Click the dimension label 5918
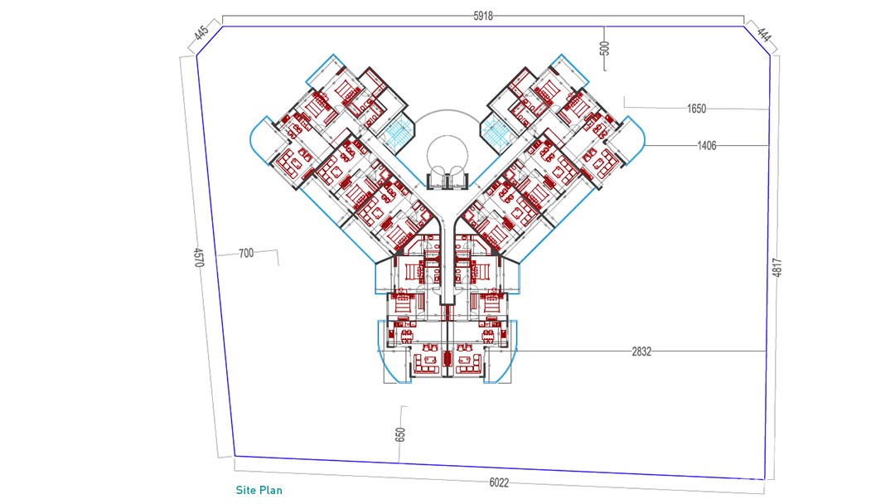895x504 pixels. click(483, 16)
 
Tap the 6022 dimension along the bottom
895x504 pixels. click(499, 483)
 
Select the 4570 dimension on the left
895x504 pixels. click(199, 257)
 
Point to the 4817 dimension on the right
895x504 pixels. click(776, 267)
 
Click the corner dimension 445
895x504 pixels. click(201, 33)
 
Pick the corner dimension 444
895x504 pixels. click(764, 34)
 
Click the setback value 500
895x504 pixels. click(605, 48)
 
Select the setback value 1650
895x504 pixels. click(696, 109)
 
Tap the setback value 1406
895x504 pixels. click(707, 146)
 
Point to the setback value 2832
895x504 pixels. click(641, 351)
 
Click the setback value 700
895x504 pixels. click(246, 253)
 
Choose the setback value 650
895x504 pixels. click(400, 434)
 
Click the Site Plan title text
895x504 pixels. click(259, 490)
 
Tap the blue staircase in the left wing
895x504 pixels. click(399, 133)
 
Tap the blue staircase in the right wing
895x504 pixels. click(496, 133)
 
